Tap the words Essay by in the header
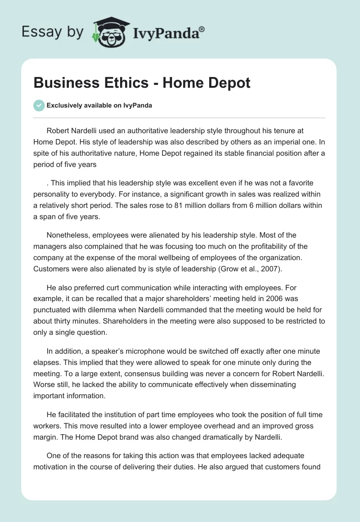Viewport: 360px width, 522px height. (x=53, y=32)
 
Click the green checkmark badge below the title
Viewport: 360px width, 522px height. (x=39, y=105)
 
